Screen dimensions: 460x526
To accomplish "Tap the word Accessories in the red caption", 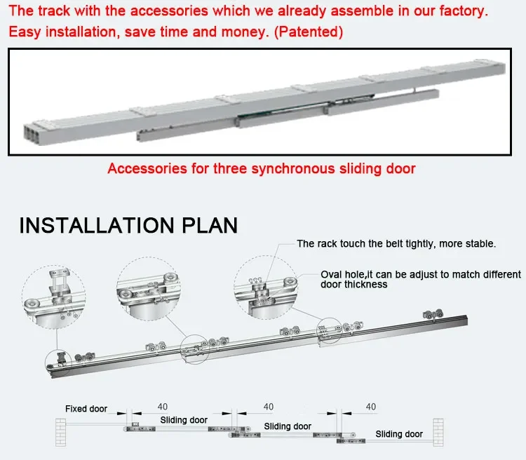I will [144, 168].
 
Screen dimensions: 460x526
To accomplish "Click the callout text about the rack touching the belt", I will [396, 244].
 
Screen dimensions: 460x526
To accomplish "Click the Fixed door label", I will [86, 409].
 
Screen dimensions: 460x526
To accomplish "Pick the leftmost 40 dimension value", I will [163, 407].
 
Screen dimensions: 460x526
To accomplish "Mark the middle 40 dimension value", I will [268, 407].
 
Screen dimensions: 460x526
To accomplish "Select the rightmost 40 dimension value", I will [371, 407].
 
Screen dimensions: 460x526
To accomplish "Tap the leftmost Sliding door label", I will [184, 420].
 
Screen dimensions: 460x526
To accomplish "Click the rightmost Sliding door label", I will [399, 434].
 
